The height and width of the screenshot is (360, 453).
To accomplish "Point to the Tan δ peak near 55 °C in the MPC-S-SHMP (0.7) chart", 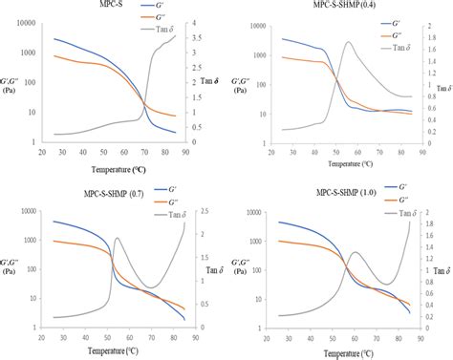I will (x=117, y=239).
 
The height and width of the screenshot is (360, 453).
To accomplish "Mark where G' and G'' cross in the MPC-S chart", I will (x=143, y=102).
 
